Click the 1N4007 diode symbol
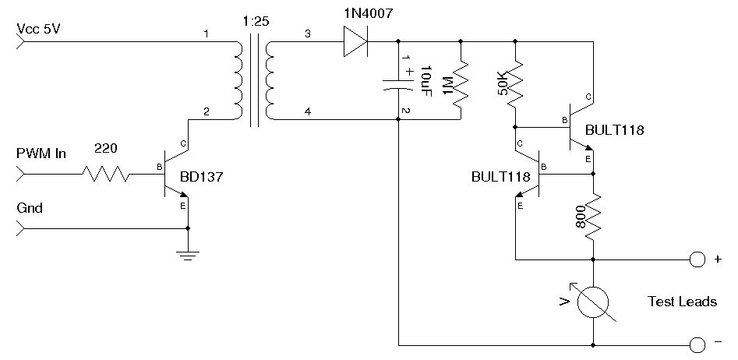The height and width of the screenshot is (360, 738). click(x=356, y=41)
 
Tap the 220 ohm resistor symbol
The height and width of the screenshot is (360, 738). click(x=106, y=174)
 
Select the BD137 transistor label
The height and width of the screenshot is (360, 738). click(x=201, y=178)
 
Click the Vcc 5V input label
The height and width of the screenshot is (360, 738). click(x=39, y=29)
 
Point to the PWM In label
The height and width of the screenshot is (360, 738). click(x=41, y=154)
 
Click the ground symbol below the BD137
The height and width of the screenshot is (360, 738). click(x=188, y=256)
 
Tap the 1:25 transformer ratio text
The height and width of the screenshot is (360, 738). click(x=256, y=22)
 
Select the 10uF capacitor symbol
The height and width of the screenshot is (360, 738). click(x=398, y=84)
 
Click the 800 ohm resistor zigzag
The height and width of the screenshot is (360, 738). click(x=592, y=217)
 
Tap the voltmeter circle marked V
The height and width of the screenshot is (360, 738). click(x=592, y=302)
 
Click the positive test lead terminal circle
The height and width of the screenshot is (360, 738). click(x=697, y=259)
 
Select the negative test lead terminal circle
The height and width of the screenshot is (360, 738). click(x=697, y=345)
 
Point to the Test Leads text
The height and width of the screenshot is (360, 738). click(x=682, y=302)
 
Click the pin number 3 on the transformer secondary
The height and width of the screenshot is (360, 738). click(x=308, y=34)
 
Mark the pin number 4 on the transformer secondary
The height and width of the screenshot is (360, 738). click(x=308, y=112)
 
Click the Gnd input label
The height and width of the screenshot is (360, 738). click(x=30, y=208)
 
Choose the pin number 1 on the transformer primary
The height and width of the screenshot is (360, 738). click(x=206, y=34)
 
